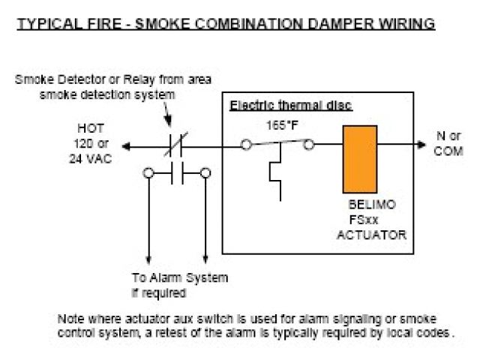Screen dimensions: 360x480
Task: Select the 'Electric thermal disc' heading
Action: point(291,105)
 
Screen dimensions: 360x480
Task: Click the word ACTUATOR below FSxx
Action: point(373,235)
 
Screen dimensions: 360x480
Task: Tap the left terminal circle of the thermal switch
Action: point(246,145)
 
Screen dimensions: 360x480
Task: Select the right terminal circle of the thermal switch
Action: point(307,145)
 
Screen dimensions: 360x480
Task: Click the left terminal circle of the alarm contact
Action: point(149,173)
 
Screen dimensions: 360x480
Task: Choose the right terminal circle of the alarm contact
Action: point(205,173)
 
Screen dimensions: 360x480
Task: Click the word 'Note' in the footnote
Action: point(69,318)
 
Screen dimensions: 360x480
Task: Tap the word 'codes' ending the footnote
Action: point(437,331)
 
